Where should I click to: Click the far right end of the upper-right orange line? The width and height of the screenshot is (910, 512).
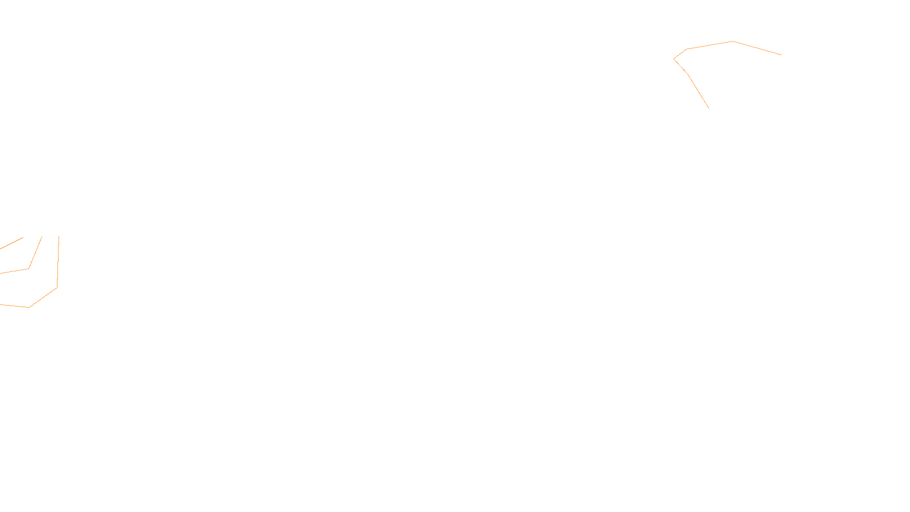[781, 55]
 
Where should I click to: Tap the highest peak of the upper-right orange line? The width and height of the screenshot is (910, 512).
[733, 41]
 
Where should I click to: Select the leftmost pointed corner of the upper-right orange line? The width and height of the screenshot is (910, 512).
[674, 59]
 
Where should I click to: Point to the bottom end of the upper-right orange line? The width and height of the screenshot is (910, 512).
[709, 108]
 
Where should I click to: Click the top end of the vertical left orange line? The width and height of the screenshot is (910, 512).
[59, 236]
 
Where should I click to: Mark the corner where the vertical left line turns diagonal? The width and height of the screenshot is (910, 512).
[57, 287]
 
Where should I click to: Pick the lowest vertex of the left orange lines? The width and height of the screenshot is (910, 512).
[28, 307]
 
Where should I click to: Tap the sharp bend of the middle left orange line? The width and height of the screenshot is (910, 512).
[28, 269]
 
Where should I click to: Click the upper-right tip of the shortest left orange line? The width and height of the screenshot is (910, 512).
[23, 238]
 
